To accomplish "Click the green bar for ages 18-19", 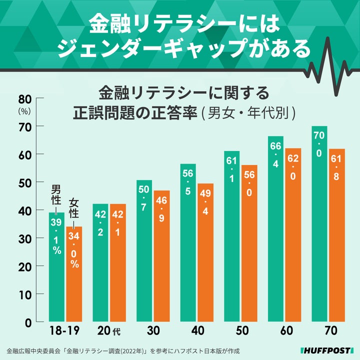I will click(56, 267).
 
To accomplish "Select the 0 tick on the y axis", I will click(28, 322).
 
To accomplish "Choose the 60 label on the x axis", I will click(286, 331).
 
